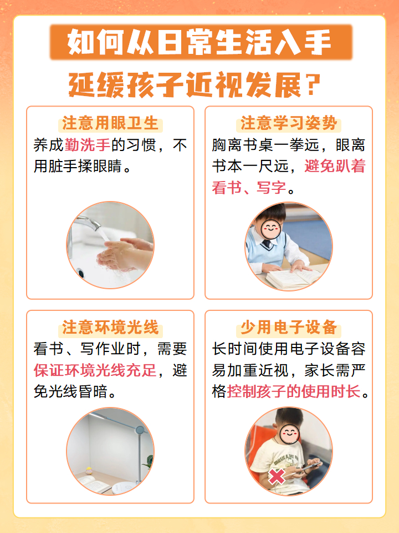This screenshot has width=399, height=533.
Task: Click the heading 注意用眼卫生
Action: tap(110, 123)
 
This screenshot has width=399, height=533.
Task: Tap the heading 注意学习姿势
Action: tap(289, 123)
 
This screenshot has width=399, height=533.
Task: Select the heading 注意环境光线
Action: tap(110, 327)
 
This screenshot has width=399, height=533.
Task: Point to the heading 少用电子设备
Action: tap(289, 327)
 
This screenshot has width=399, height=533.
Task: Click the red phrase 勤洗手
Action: tap(87, 145)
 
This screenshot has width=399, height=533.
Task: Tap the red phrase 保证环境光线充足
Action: tap(95, 370)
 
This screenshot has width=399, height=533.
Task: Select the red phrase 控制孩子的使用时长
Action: tap(294, 391)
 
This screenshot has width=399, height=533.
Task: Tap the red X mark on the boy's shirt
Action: tap(277, 476)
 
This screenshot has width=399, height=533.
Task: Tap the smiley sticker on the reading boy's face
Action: tap(272, 228)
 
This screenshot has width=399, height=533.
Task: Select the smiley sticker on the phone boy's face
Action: tap(289, 433)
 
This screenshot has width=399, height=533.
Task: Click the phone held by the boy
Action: tap(307, 466)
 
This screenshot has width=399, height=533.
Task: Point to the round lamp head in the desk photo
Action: tap(140, 430)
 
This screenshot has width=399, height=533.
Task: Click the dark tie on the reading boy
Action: tap(267, 243)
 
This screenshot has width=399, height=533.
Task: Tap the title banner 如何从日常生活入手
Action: tap(201, 42)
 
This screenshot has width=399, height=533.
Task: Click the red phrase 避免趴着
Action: tap(335, 166)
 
